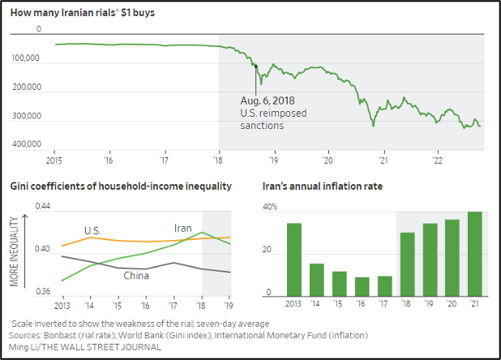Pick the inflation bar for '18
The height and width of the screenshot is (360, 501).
pos(407,264)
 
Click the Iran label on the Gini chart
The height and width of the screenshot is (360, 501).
pos(182,229)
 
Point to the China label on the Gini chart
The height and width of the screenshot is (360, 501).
pos(135,276)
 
